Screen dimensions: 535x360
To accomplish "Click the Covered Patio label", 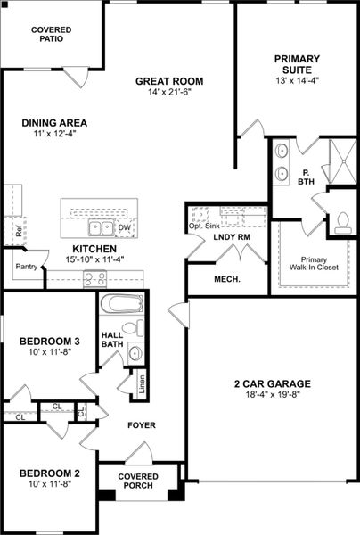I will click(x=52, y=36).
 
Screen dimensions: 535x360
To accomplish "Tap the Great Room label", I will click(x=164, y=81).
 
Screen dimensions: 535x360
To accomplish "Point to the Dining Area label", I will click(x=49, y=127).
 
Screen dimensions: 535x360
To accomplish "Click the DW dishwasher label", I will click(x=125, y=227).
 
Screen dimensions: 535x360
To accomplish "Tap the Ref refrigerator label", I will click(x=18, y=229).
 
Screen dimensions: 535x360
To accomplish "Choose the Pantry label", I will click(x=26, y=266).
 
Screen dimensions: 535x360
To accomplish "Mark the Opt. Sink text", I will click(x=203, y=226).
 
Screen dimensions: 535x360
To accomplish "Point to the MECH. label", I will click(x=226, y=280).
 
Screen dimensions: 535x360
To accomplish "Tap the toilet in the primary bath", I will click(x=342, y=223).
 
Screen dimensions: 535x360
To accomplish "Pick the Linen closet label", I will click(x=142, y=384).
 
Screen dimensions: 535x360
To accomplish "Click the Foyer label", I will click(x=143, y=425).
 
